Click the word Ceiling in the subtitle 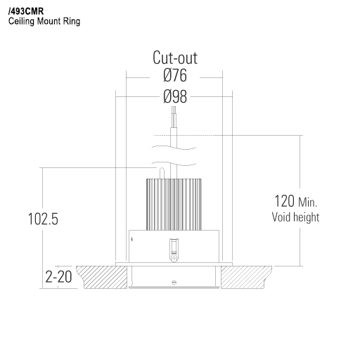(x=21, y=22)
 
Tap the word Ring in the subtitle (x=71, y=22)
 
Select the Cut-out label (x=174, y=58)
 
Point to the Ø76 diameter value (x=174, y=76)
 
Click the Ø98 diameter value (x=174, y=96)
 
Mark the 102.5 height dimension (x=43, y=219)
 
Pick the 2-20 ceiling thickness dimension (x=58, y=277)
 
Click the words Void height (x=295, y=217)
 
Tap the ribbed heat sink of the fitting (x=174, y=205)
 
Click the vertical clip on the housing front (x=171, y=248)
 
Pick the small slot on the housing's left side (x=131, y=239)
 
